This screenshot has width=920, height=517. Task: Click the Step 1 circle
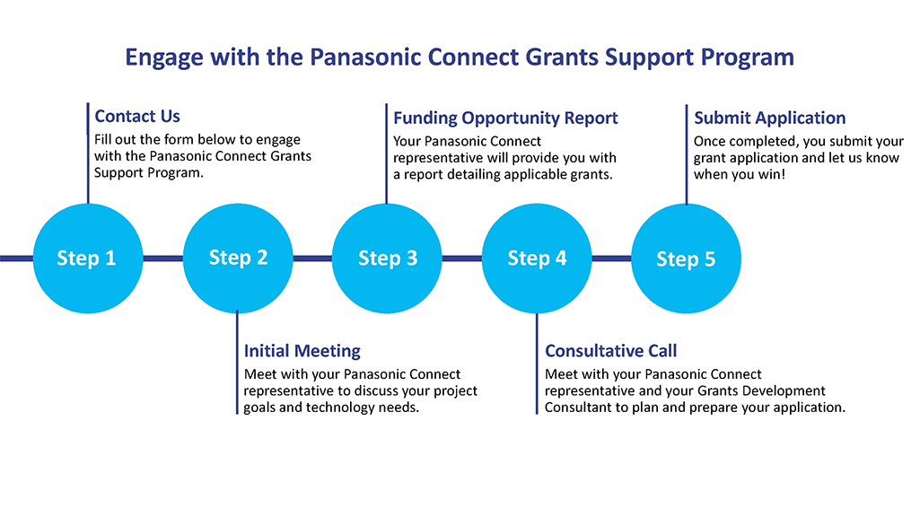tap(87, 258)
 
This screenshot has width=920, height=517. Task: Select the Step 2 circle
tap(238, 258)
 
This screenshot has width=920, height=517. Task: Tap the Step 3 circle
tap(388, 258)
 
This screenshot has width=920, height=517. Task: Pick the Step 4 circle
tap(537, 258)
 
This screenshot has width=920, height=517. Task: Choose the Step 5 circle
tap(686, 258)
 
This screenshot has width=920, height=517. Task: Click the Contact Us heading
tap(137, 117)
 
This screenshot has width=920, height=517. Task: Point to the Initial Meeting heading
tap(302, 351)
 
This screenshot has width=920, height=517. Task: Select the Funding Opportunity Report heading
tap(505, 118)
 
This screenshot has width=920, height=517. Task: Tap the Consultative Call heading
tap(610, 351)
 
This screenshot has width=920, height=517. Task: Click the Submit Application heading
tap(769, 118)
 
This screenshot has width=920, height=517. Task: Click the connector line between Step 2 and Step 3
tap(312, 258)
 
